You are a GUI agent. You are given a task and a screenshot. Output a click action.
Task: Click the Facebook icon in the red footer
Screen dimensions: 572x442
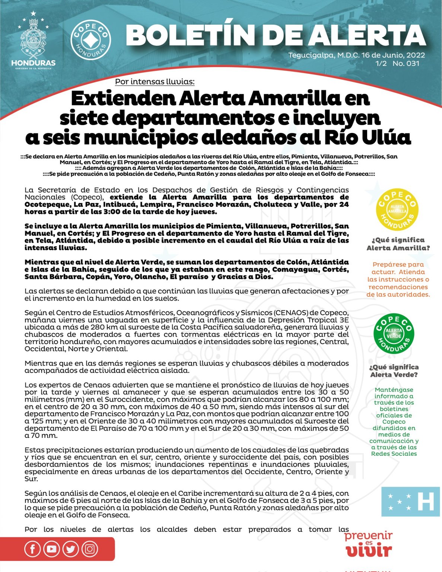(32, 549)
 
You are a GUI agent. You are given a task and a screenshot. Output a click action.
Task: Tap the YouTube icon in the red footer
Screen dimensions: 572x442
(51, 549)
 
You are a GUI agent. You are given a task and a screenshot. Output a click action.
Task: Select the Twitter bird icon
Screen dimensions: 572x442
(70, 549)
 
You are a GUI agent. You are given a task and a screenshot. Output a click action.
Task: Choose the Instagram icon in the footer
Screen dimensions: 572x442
(89, 549)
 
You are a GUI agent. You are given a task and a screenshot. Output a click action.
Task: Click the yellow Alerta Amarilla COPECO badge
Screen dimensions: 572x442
(397, 209)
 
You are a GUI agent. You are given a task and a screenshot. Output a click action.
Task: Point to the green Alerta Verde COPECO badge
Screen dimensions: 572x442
(394, 333)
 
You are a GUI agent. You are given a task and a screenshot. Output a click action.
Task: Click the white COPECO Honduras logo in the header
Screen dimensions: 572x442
(90, 40)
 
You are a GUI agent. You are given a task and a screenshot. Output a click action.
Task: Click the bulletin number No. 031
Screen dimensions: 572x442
(406, 63)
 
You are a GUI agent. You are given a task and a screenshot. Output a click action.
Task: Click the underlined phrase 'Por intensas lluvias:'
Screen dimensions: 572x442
(155, 82)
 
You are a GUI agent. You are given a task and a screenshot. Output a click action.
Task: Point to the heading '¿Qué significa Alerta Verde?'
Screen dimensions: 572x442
(394, 371)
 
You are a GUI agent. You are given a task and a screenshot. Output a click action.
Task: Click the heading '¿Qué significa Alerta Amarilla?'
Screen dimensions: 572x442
(398, 244)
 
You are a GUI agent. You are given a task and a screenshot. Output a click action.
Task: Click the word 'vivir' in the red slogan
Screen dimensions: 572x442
(369, 551)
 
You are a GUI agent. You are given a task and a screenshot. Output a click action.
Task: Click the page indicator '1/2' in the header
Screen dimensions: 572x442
(381, 63)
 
